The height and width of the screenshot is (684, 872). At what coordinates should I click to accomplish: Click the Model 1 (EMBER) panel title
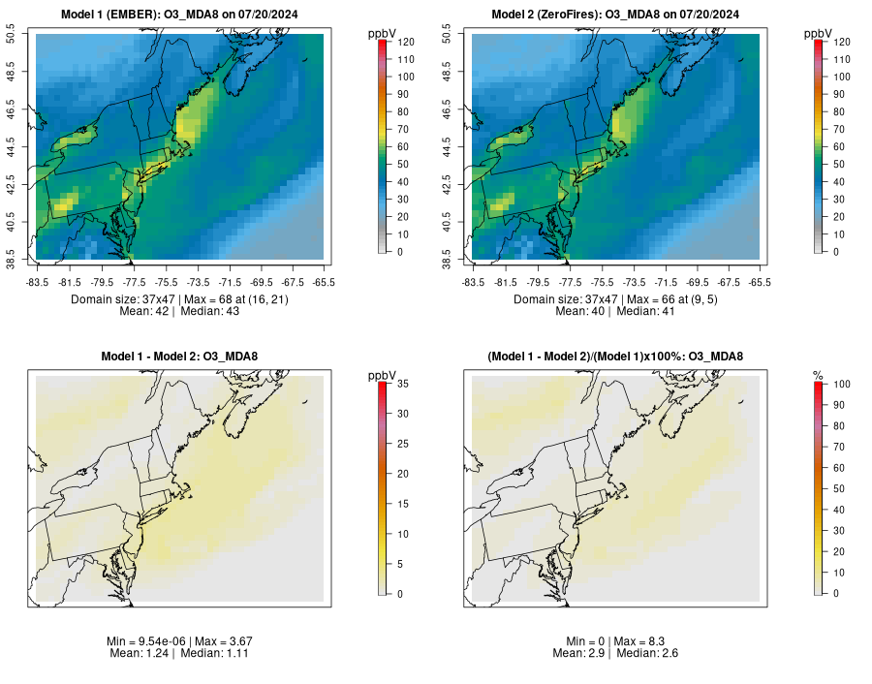click(x=179, y=15)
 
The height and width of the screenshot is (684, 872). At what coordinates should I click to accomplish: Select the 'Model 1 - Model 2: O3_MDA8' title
click(x=179, y=357)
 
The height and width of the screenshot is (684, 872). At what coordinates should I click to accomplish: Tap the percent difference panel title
click(x=615, y=357)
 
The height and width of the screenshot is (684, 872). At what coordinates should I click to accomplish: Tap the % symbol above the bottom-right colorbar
click(x=818, y=375)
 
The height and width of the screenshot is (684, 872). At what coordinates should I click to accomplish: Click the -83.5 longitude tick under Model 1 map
click(x=37, y=282)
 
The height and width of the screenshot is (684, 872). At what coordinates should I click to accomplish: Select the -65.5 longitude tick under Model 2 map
click(x=760, y=282)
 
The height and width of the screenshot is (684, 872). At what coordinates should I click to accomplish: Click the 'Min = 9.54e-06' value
click(x=145, y=641)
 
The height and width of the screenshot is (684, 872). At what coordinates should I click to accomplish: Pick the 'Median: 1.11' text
click(x=212, y=654)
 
